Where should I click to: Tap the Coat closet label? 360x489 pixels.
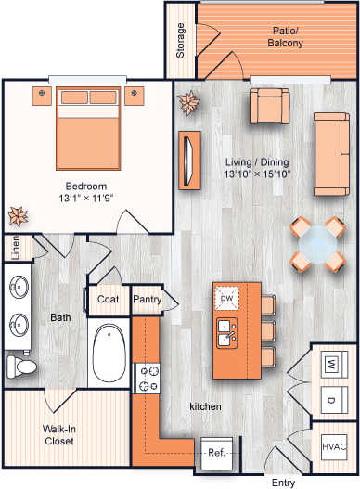[x=109, y=300]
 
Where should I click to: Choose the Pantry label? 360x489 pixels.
[x=147, y=300]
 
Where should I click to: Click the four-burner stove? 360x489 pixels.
[x=149, y=377]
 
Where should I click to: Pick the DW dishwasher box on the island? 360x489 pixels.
[x=226, y=298]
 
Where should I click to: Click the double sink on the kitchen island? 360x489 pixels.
[x=226, y=329]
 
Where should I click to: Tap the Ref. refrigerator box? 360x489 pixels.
[x=216, y=454]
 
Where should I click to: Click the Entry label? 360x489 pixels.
[x=283, y=482]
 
